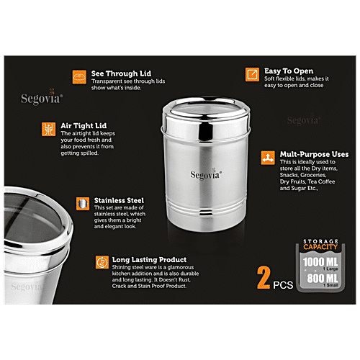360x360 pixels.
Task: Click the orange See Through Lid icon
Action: pos(79,75)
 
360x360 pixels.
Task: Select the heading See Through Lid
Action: pos(121,73)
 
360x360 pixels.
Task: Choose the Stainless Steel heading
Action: pos(119,201)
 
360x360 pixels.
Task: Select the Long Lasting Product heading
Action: pos(149,259)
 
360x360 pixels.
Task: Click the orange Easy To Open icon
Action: pos(252,74)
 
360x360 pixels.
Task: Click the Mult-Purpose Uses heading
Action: pos(315,154)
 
